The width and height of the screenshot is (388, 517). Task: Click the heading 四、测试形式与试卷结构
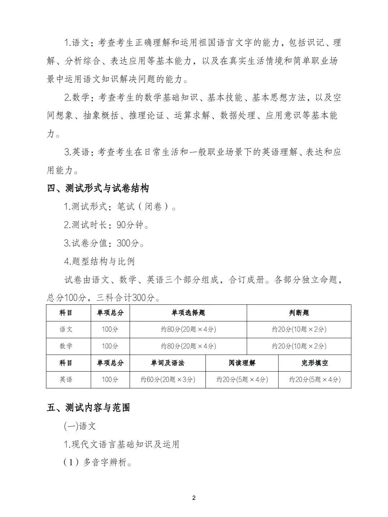point(98,188)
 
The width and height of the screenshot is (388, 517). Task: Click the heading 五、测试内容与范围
point(88,408)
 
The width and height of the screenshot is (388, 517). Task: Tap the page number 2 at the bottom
point(194,498)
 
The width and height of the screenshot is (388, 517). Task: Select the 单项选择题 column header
point(188,312)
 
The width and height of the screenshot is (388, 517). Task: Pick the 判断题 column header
point(299,312)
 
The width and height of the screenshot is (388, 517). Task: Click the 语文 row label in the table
point(66,329)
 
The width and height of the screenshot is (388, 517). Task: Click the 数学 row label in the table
point(66,346)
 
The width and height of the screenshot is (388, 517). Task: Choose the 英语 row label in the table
point(66,380)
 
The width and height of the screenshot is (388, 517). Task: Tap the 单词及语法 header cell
point(167,363)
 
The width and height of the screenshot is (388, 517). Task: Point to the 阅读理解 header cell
point(242,363)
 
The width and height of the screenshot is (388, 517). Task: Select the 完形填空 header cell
point(315,363)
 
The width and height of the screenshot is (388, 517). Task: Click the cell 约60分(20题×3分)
point(167,380)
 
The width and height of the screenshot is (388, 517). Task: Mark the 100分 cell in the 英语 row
point(110,380)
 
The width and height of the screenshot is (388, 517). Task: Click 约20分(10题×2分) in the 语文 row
point(299,329)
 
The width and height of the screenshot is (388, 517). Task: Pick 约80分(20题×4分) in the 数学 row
point(188,346)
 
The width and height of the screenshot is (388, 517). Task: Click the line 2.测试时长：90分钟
point(106,225)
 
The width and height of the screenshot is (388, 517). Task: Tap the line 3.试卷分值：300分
point(104,243)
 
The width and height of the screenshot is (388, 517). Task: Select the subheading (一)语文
point(80,426)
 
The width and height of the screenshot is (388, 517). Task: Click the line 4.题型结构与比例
point(99,261)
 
